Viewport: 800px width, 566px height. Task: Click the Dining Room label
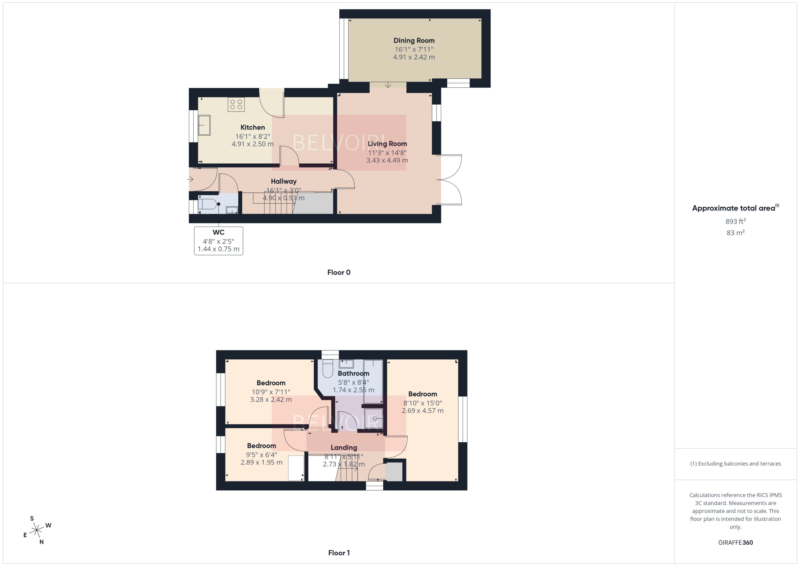click(x=414, y=41)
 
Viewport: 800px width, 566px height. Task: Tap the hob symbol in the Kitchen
click(x=236, y=105)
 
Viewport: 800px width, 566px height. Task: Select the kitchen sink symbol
click(x=204, y=125)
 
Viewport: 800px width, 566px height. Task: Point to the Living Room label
click(x=387, y=143)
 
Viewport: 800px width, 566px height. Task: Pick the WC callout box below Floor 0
click(x=219, y=241)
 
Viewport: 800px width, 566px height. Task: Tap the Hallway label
click(x=284, y=181)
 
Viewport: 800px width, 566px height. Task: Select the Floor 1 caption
click(x=339, y=553)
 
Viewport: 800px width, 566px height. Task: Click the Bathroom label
click(x=353, y=373)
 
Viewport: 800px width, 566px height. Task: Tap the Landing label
click(x=344, y=447)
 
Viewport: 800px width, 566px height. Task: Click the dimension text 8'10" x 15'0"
click(x=422, y=403)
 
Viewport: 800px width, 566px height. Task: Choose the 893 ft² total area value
click(x=736, y=221)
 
